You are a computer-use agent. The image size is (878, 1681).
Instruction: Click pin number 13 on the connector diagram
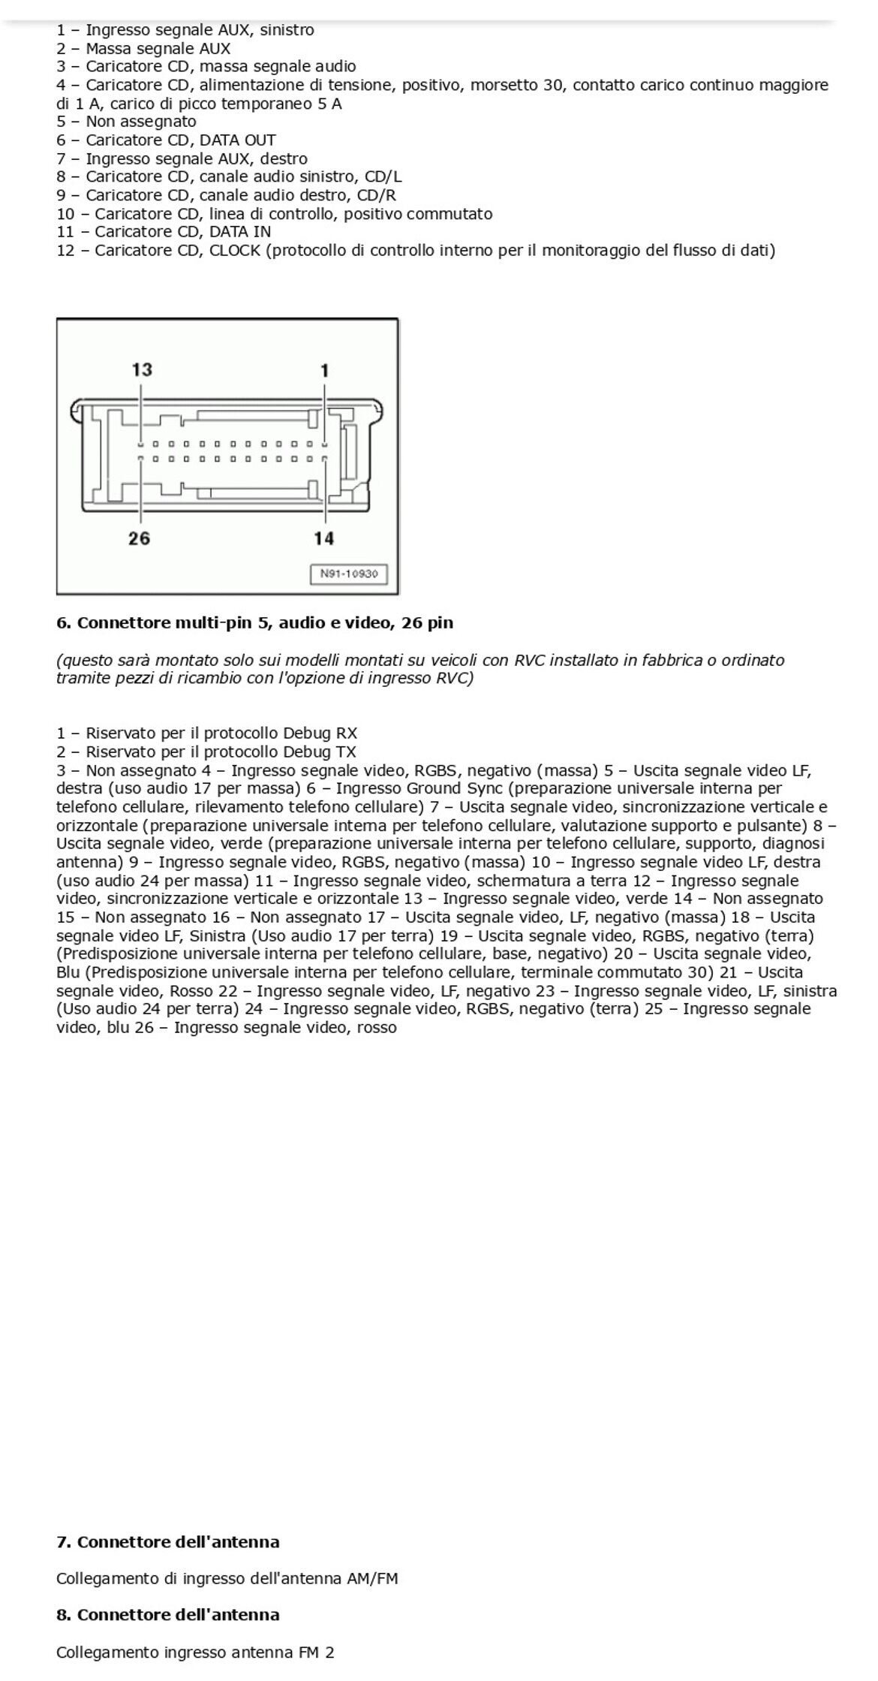tap(142, 369)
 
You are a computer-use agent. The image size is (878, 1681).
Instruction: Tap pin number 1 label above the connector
tap(324, 370)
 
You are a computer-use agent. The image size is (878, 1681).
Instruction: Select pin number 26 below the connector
tap(140, 538)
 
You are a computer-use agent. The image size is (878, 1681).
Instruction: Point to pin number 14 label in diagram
tap(324, 538)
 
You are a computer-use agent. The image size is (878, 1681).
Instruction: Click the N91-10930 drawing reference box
tap(349, 574)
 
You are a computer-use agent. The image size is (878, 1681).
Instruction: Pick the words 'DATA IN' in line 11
tap(240, 232)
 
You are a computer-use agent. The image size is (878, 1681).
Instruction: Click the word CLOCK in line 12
tap(235, 250)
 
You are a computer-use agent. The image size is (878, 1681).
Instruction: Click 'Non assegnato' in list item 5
tap(141, 122)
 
